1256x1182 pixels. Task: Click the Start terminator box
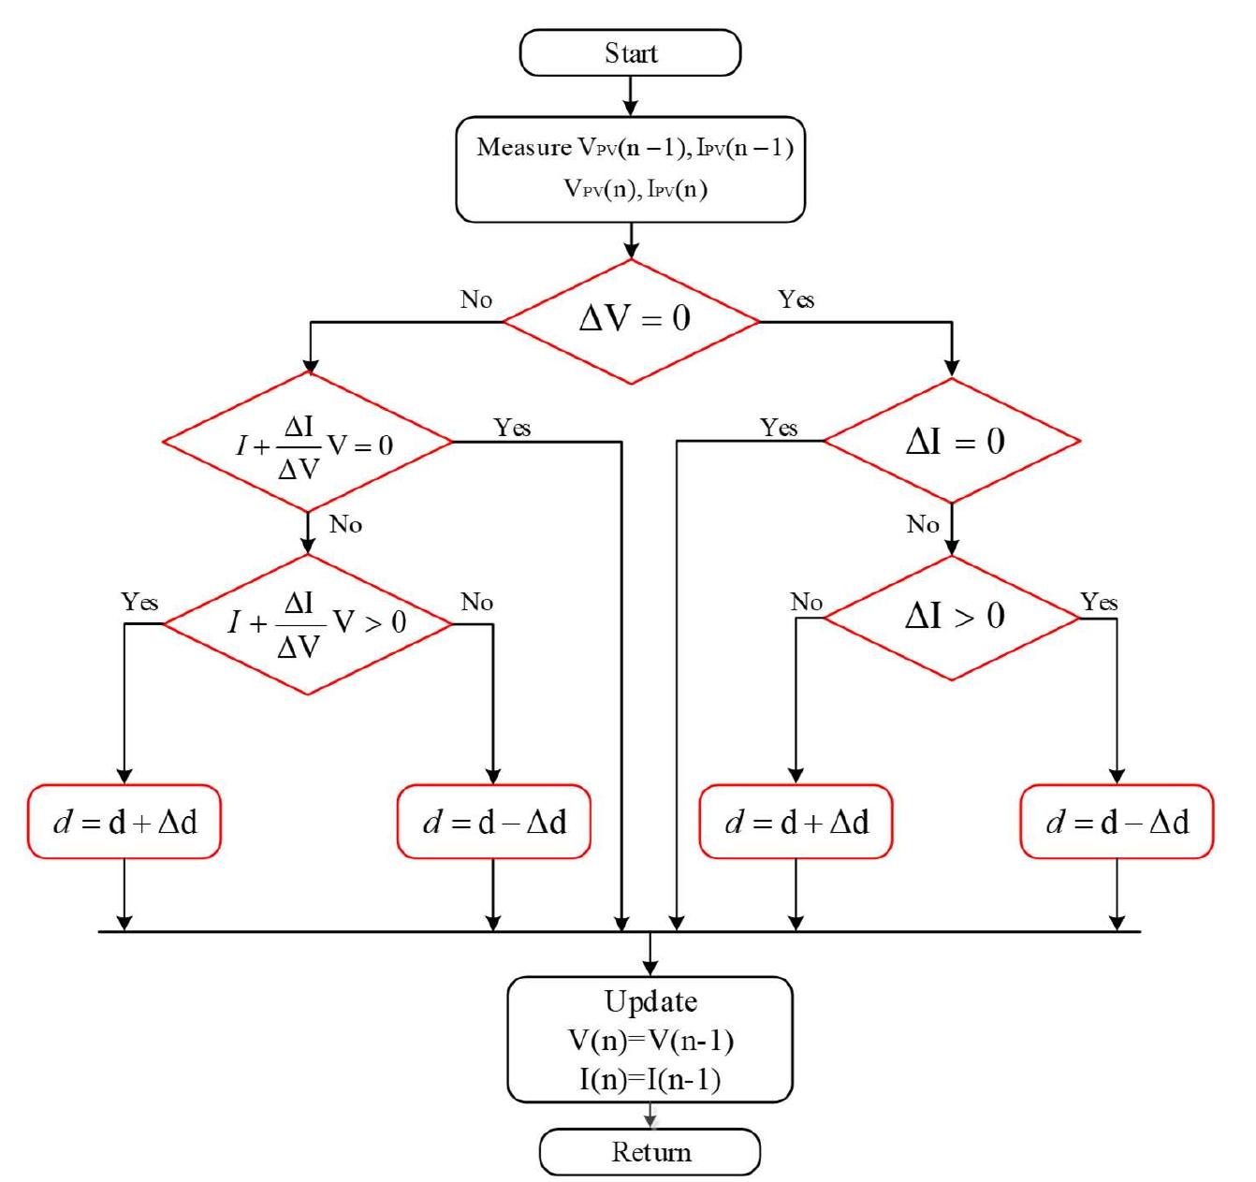point(630,53)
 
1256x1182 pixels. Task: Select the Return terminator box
point(650,1151)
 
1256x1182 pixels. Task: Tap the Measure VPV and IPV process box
point(630,169)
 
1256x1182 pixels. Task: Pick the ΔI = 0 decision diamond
point(952,441)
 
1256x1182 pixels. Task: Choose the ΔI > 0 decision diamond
point(952,617)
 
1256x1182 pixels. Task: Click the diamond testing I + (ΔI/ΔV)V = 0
point(309,443)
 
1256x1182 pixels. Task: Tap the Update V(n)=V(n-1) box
point(650,1040)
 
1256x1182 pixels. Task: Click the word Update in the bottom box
point(650,1001)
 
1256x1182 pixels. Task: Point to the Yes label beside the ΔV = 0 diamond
point(796,299)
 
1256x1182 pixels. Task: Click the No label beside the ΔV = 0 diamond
point(476,299)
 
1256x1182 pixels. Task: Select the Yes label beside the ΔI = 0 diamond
point(779,428)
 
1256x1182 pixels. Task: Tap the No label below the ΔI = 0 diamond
point(923,524)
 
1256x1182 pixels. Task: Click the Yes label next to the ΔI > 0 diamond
point(1099,602)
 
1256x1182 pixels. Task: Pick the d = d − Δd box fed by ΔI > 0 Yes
point(1117,822)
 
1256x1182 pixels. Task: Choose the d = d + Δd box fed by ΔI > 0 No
point(796,822)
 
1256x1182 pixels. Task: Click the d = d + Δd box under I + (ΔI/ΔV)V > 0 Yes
point(124,822)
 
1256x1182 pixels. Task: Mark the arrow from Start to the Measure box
point(630,96)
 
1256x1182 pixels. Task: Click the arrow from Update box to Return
point(650,1116)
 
